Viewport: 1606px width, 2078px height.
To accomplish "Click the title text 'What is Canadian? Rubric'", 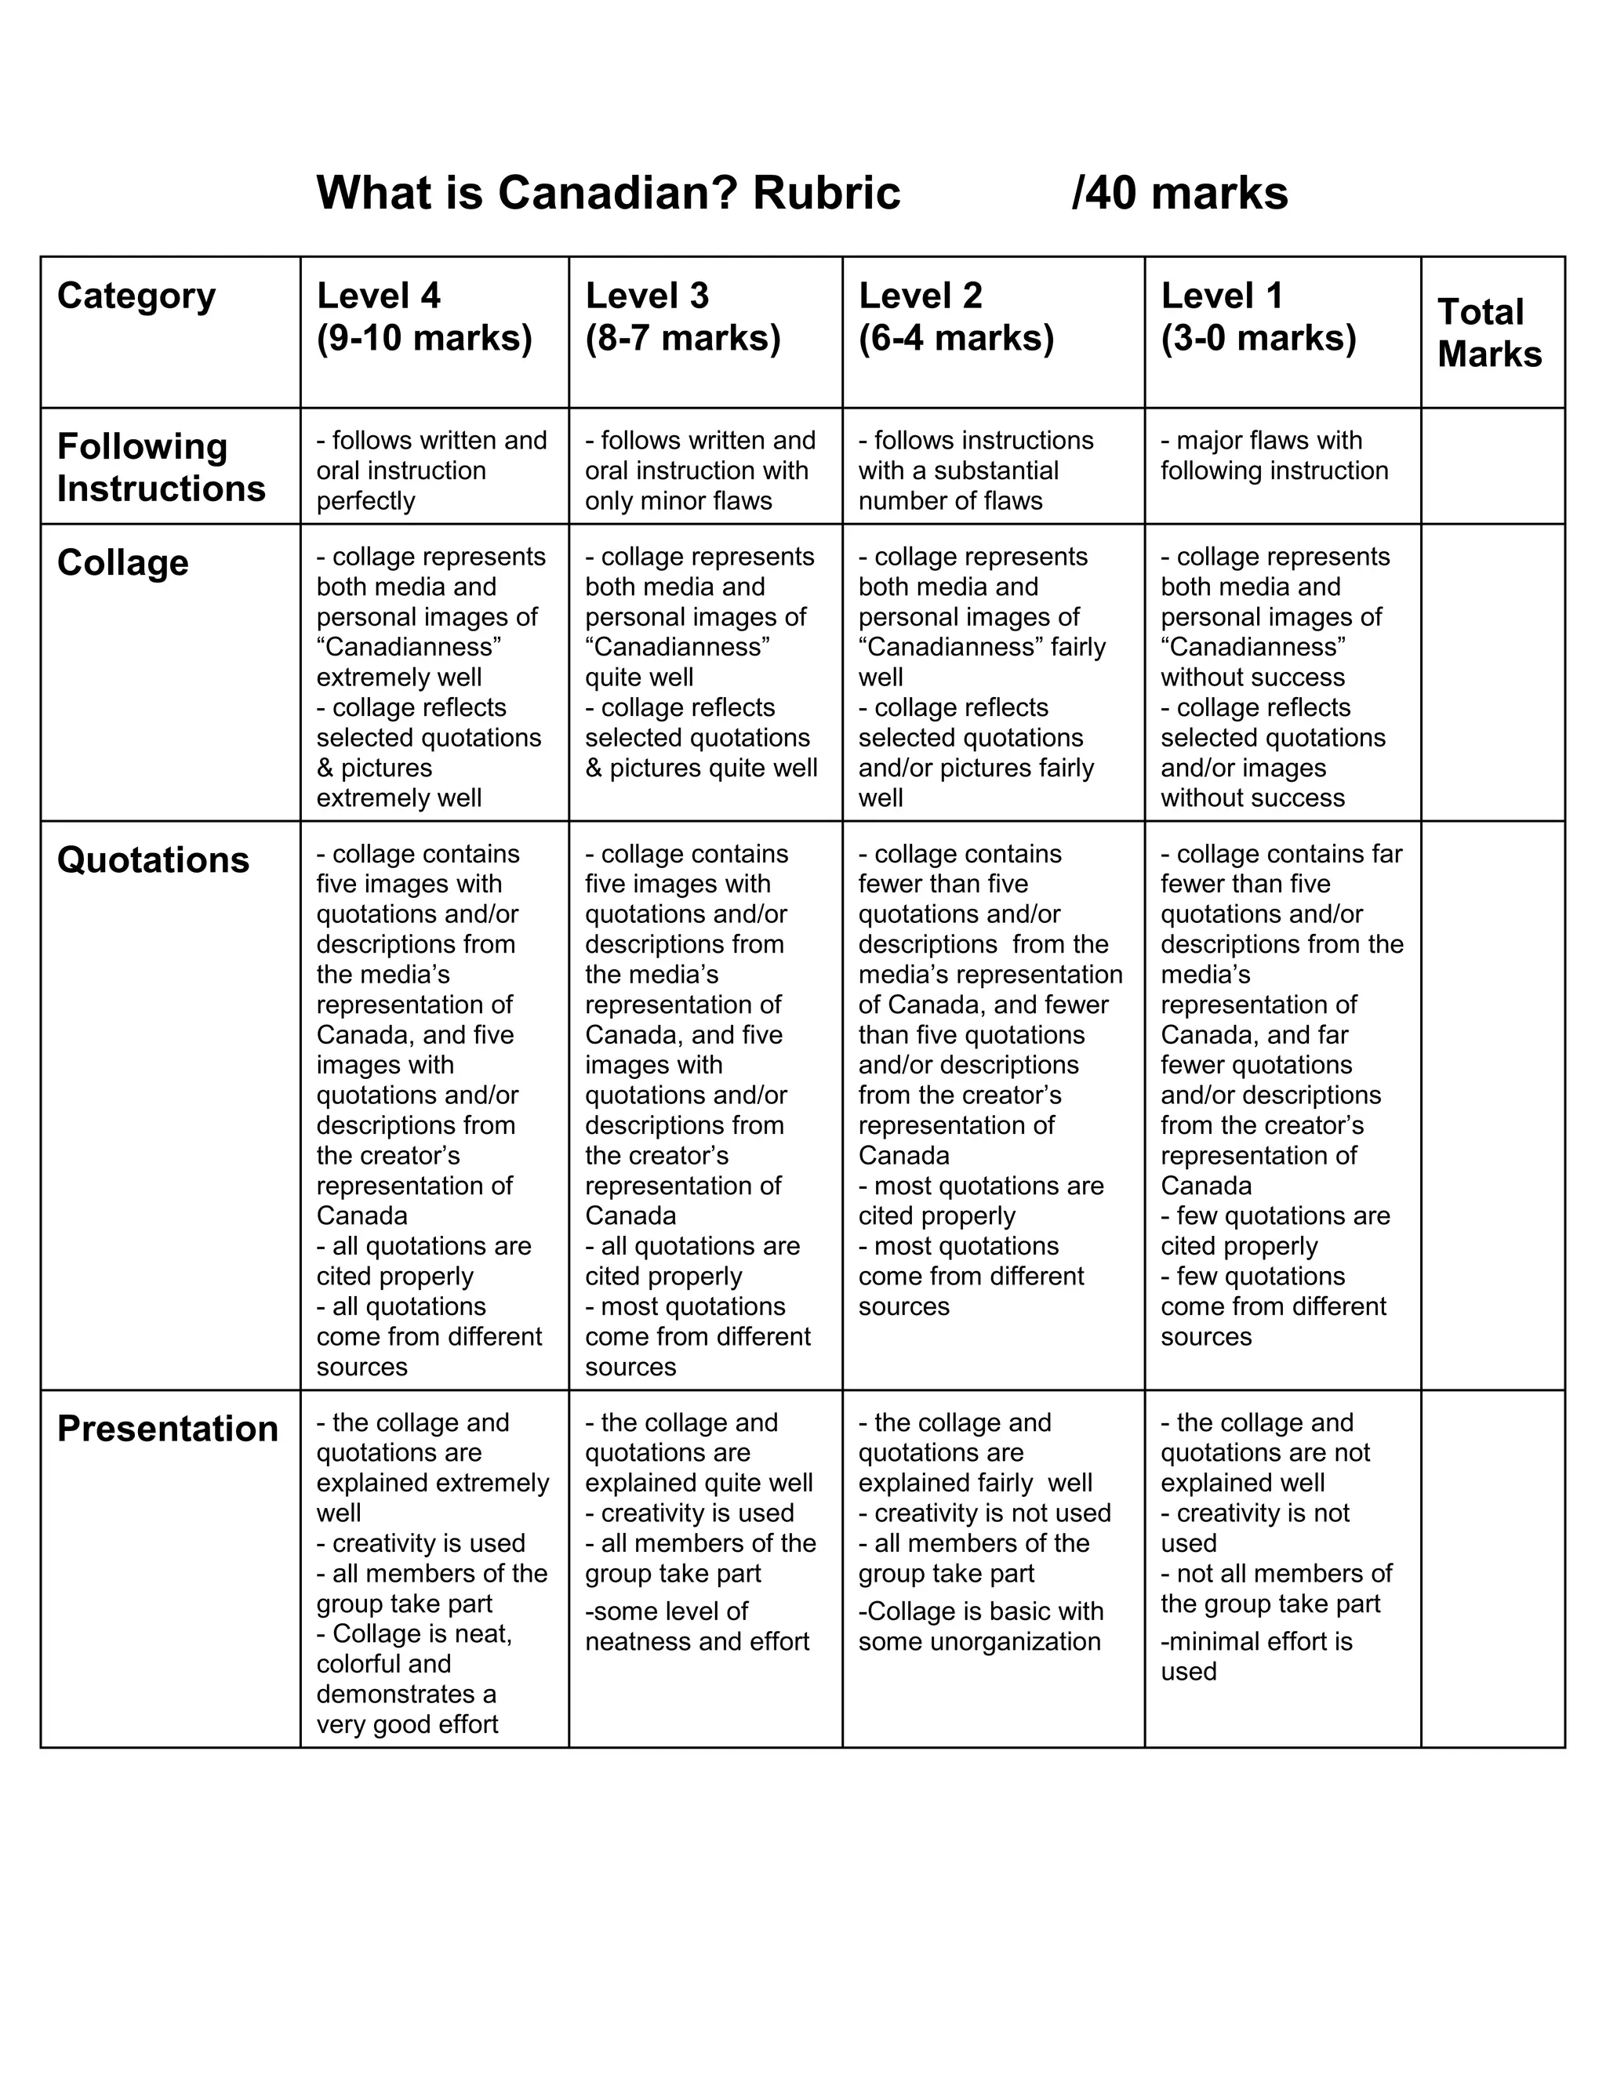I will pos(608,193).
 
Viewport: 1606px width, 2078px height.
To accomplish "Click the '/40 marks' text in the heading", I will pos(1179,193).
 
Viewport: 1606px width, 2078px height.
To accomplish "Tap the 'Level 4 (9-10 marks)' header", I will pos(424,317).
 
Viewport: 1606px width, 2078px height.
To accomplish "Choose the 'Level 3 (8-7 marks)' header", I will pos(682,317).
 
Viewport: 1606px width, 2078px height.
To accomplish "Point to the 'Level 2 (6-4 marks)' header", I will pos(955,317).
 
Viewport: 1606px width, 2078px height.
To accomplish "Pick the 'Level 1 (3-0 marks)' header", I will pos(1258,317).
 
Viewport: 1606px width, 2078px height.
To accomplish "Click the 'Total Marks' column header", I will pos(1489,333).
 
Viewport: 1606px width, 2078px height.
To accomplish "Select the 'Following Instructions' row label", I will pos(161,467).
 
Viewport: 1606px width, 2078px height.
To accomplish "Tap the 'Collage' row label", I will pos(123,562).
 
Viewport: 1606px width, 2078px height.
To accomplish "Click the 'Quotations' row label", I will pos(153,860).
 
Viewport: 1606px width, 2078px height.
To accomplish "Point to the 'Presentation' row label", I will pos(168,1429).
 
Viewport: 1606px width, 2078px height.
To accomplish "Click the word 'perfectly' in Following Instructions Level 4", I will pos(365,500).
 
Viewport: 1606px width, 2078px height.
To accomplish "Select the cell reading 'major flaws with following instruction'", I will pos(1274,456).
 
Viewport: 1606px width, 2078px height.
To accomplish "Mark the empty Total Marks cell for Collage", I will pos(1492,672).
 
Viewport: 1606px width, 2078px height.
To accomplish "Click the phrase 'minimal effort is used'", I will pos(1256,1656).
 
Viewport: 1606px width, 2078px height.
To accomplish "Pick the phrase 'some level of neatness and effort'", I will pos(696,1626).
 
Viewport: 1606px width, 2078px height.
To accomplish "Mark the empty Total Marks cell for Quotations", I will pos(1492,1105).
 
